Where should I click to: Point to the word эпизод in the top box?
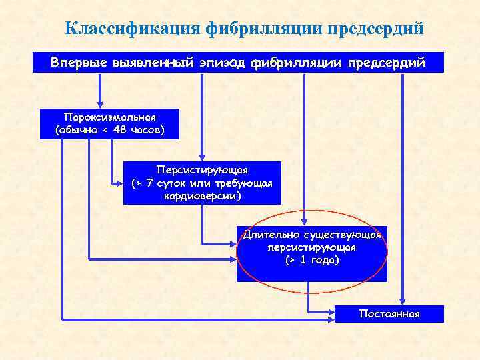220,63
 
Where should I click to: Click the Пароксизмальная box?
109,123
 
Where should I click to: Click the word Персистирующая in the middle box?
202,169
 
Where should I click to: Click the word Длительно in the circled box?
271,235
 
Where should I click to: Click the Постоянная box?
389,313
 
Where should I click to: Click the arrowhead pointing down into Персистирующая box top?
202,157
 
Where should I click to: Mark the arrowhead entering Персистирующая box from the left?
119,183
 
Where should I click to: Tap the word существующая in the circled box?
341,235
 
